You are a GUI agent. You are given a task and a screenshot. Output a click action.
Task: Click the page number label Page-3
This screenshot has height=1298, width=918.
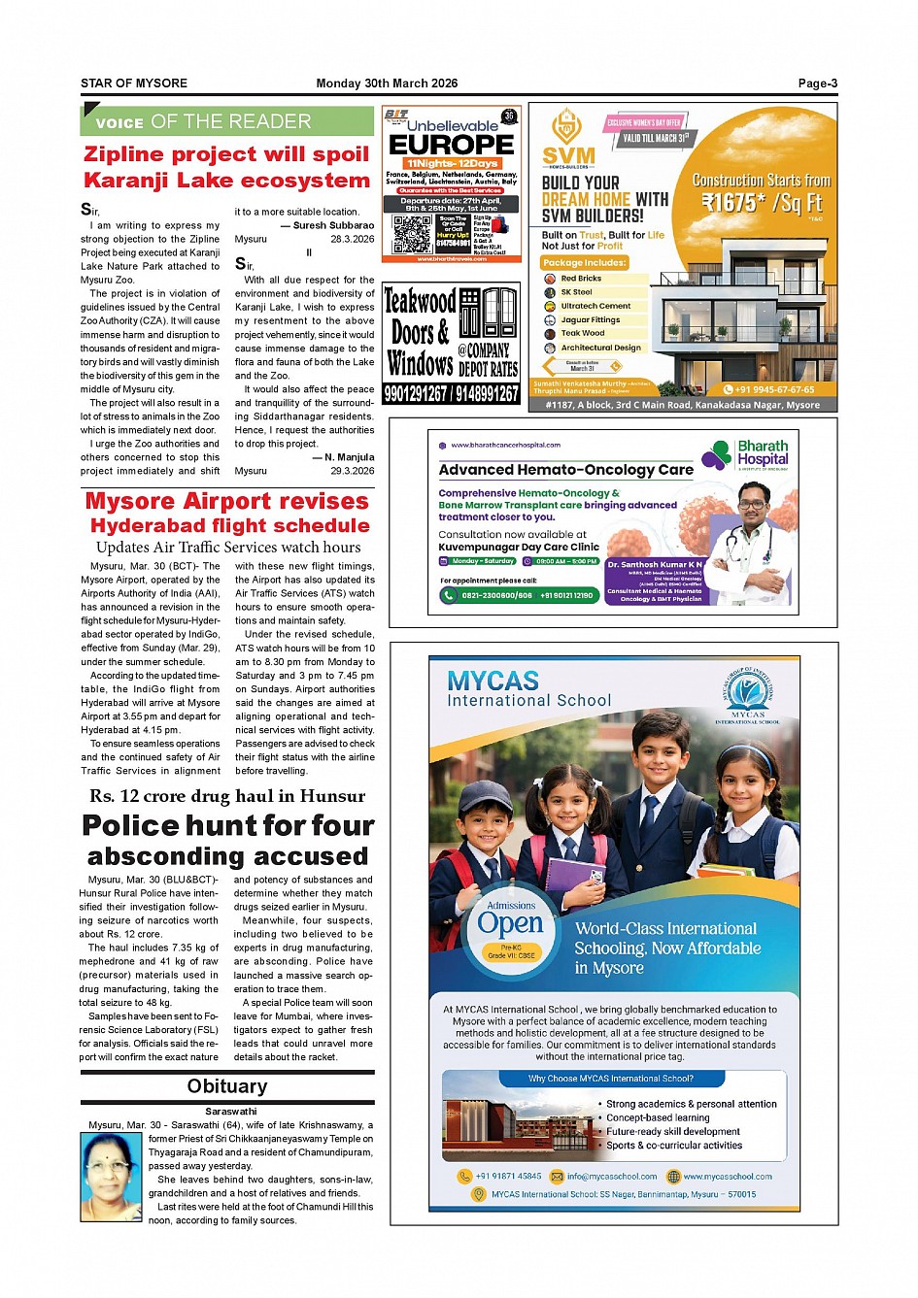coord(817,83)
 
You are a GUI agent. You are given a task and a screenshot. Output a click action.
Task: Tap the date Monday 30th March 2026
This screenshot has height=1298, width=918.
coord(387,83)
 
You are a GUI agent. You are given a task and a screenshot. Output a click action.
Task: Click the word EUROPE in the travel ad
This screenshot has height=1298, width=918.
coord(452,145)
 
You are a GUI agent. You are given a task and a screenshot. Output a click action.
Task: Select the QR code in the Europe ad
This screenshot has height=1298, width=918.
coord(412,234)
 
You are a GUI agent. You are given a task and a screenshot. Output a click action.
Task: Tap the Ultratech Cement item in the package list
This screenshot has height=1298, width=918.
coord(595,306)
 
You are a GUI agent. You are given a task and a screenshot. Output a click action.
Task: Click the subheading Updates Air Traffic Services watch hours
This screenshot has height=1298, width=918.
coord(228,548)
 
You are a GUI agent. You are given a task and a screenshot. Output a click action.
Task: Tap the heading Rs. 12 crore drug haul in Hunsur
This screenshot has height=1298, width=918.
coord(227,796)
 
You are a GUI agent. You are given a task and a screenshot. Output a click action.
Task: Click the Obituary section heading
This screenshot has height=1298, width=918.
coord(227,1086)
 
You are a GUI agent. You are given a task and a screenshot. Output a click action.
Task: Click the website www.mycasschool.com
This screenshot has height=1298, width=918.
coord(727,1177)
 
